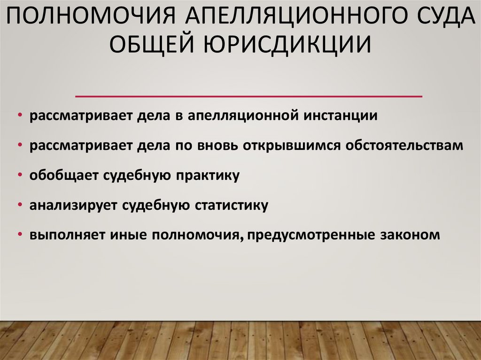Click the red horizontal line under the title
(249, 96)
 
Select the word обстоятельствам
(405, 146)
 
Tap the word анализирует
(75, 206)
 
